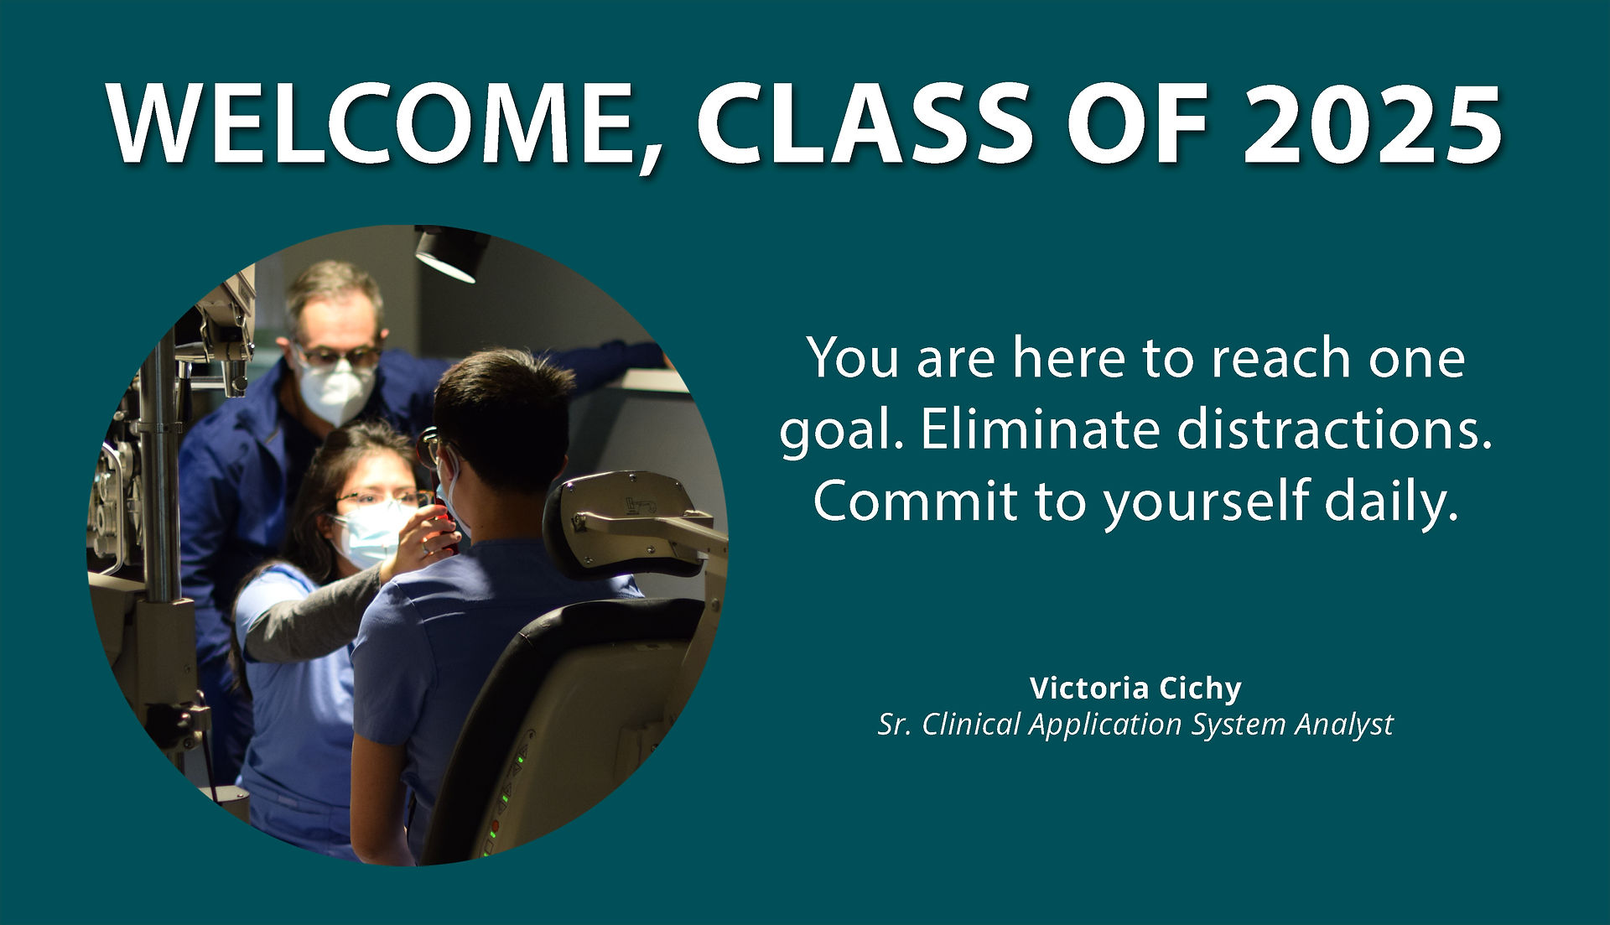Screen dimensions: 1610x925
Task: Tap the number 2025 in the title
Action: [1372, 124]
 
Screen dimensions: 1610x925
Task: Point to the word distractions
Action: [1335, 429]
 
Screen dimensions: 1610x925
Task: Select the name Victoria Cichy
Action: [1135, 689]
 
